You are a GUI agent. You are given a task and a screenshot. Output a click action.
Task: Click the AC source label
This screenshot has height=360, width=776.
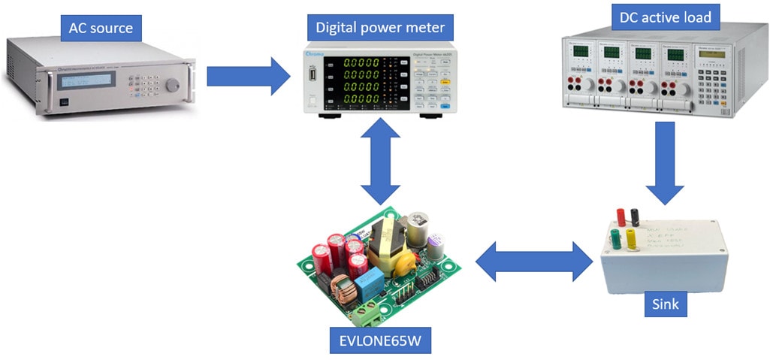tap(101, 29)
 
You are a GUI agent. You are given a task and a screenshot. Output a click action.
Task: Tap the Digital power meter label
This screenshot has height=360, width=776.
tap(380, 29)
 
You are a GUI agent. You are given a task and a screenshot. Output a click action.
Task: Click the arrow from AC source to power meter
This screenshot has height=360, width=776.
tap(248, 76)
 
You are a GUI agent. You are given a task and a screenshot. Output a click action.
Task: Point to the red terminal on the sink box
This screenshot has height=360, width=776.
tap(621, 216)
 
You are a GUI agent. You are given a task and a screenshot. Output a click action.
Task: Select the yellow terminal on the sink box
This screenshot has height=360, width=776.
tap(630, 241)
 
